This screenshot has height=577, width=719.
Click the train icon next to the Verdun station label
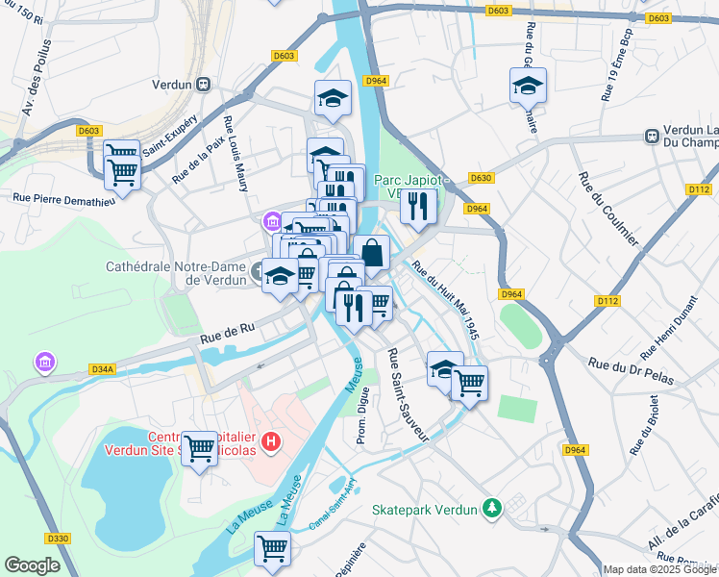tap(203, 84)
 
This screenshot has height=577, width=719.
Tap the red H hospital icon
tap(272, 442)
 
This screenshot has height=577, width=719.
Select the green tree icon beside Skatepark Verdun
tap(492, 506)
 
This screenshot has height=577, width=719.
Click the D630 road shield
tap(481, 178)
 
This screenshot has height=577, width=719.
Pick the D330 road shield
tap(58, 538)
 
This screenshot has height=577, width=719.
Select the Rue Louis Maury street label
tap(236, 154)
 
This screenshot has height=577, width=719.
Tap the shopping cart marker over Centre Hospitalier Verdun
tap(199, 447)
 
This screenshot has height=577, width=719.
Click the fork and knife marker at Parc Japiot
tap(418, 206)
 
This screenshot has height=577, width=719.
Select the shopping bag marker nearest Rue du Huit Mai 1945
tap(371, 253)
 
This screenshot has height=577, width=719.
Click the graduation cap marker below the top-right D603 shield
tap(528, 86)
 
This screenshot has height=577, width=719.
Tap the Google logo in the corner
tap(32, 565)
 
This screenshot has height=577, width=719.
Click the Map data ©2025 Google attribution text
tap(659, 569)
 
